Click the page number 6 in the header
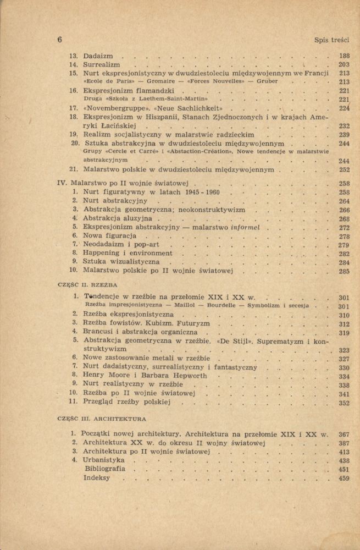point(59,40)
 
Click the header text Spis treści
point(332,40)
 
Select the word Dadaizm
point(98,56)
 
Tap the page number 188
point(345,56)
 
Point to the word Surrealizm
point(102,64)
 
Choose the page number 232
point(345,125)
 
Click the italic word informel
point(247,227)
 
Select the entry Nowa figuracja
point(109,236)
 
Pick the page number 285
point(345,271)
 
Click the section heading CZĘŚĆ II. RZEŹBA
point(88,286)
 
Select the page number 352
point(345,403)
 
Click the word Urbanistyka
point(103,460)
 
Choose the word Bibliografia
point(105,469)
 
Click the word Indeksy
point(97,478)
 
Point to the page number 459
point(345,479)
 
